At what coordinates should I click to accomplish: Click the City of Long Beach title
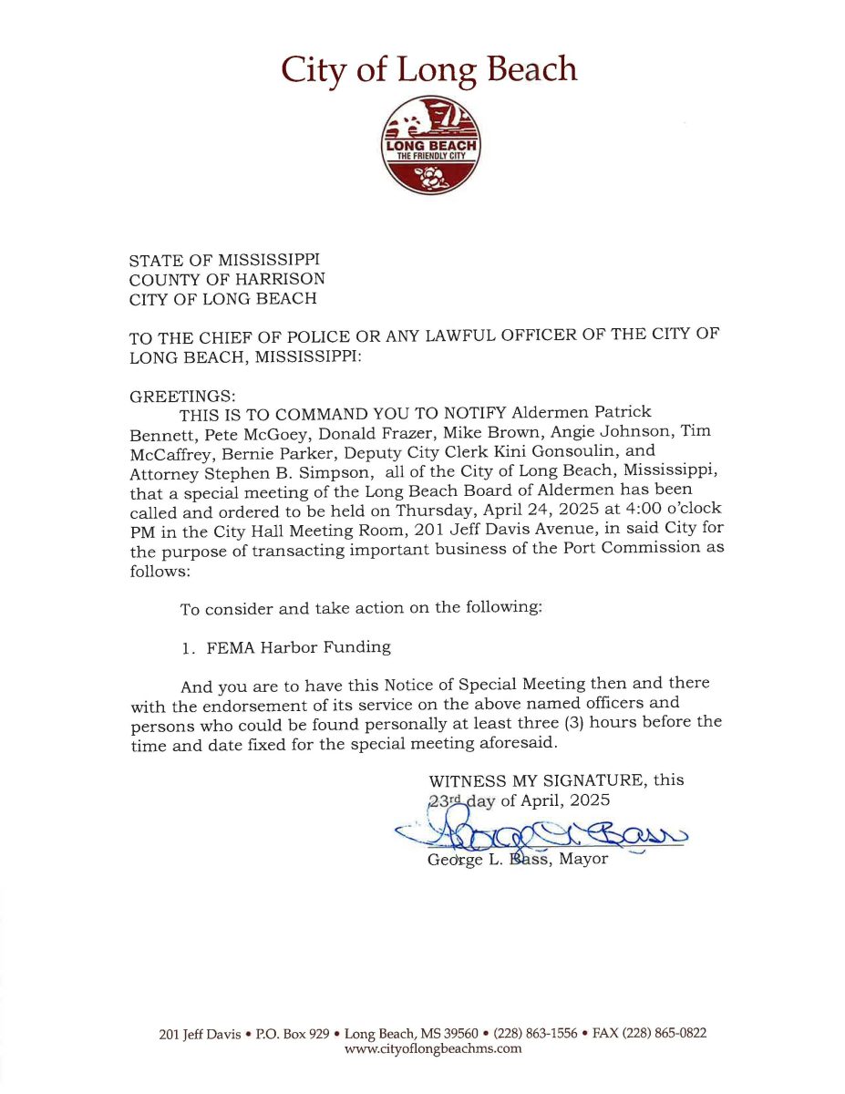(428, 70)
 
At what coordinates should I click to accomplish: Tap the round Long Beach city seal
(430, 146)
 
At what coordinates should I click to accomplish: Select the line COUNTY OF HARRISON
(226, 279)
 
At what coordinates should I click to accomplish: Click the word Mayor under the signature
(582, 860)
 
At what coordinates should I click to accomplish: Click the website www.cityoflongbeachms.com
(433, 1048)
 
